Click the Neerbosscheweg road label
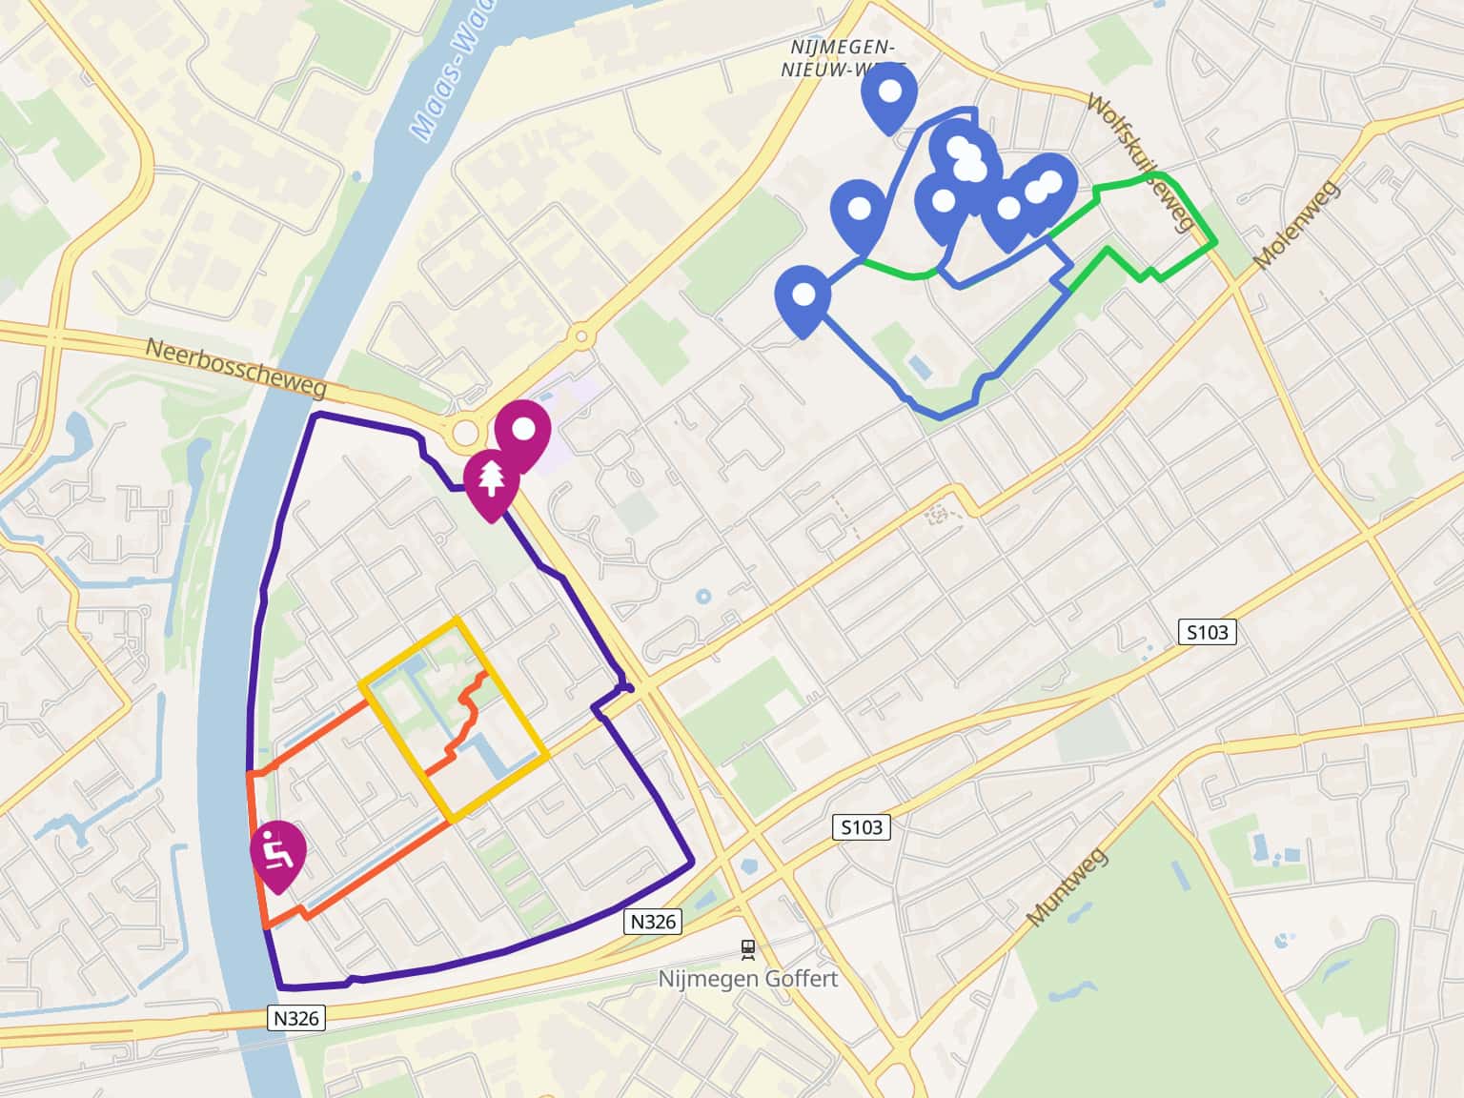tap(235, 368)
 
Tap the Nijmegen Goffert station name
tap(748, 979)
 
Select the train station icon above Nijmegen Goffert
tap(748, 947)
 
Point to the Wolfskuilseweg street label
tap(1142, 162)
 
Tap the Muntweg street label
tap(1067, 887)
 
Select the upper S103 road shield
tap(1208, 631)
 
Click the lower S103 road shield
tap(862, 827)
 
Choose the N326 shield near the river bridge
tap(296, 1018)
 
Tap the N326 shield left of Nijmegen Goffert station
tap(653, 921)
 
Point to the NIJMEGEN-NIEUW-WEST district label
tap(839, 57)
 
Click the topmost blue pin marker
tap(888, 92)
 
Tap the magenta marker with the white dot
tap(522, 430)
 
